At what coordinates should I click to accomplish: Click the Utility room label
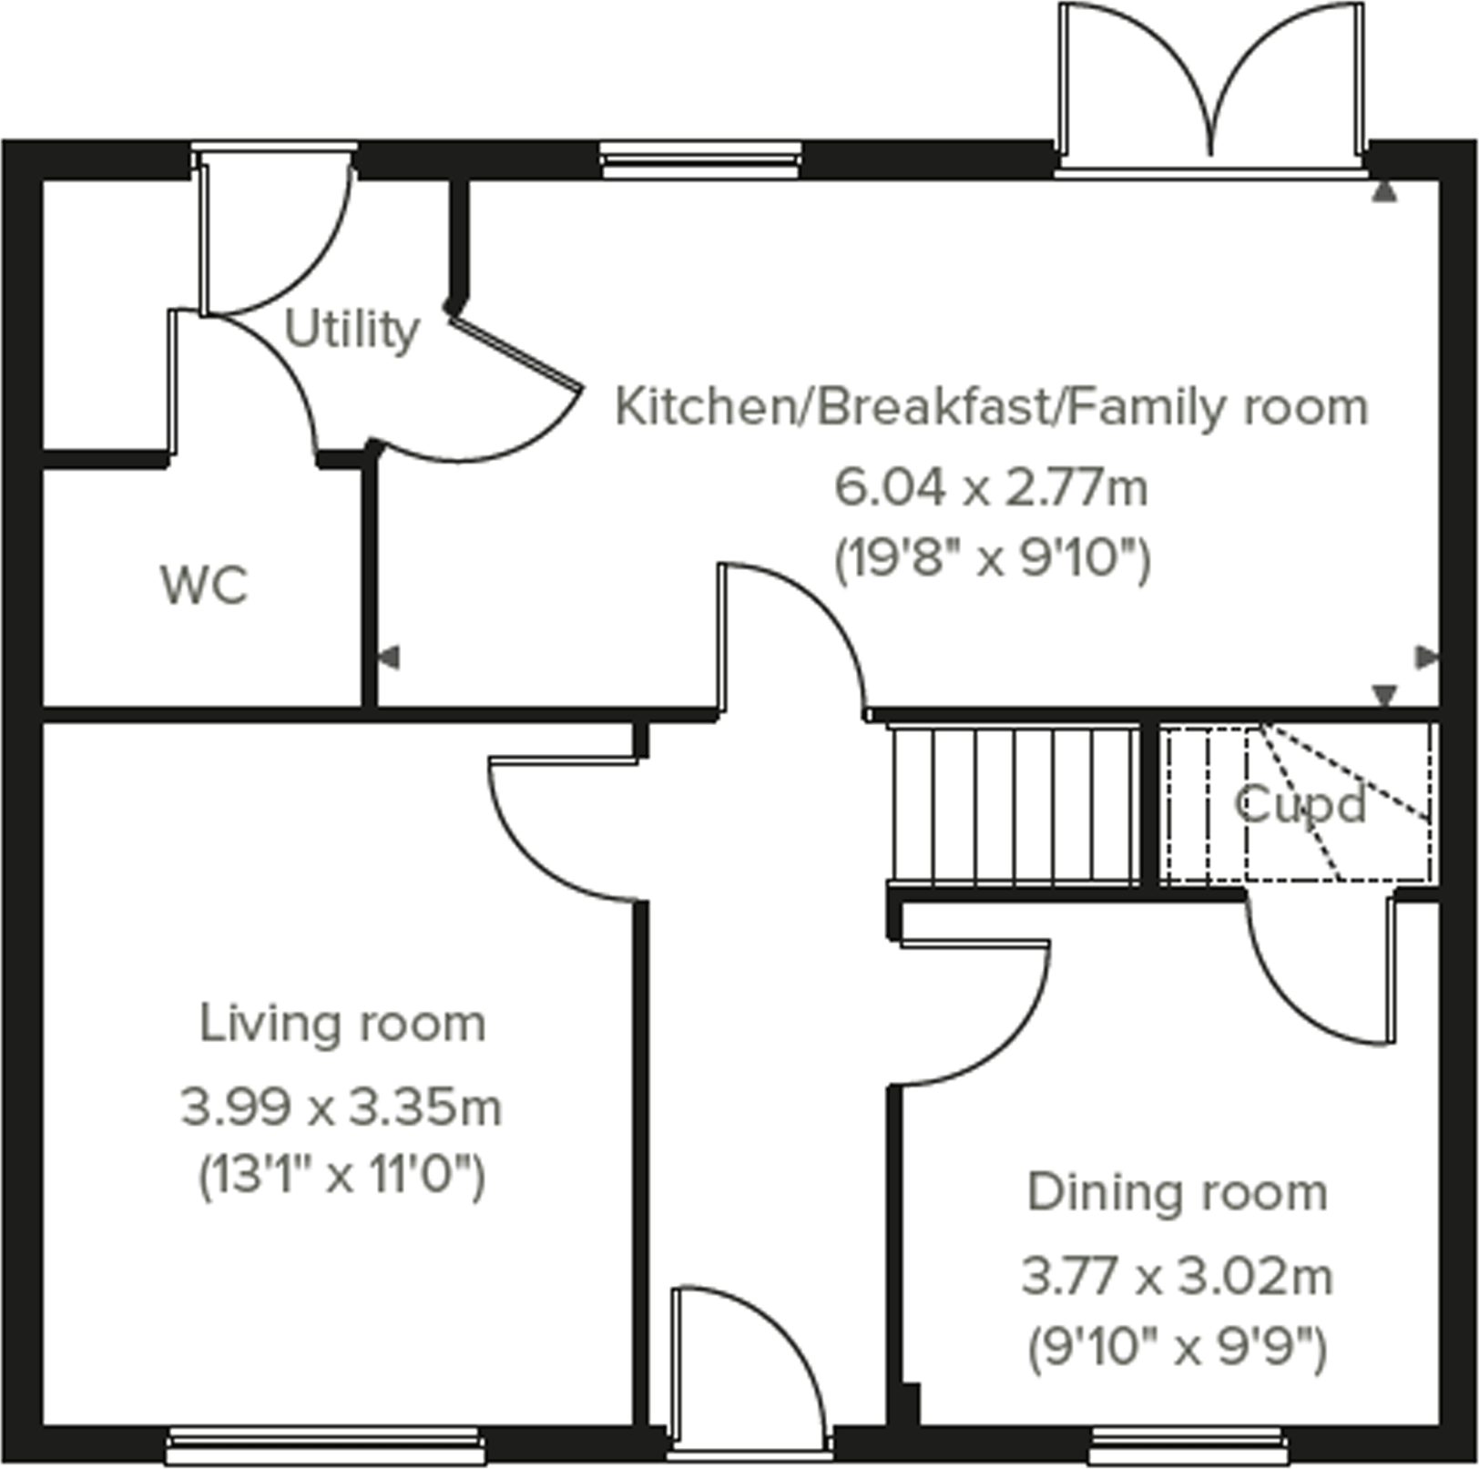[352, 330]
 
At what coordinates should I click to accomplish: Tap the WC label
[204, 585]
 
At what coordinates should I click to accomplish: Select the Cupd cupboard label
[1300, 804]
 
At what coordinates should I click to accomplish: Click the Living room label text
[342, 1024]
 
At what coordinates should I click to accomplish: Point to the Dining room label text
[1177, 1193]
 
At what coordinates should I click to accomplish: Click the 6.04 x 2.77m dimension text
[991, 489]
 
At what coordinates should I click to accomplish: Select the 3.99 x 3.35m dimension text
[342, 1108]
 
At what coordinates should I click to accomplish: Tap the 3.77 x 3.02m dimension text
[1177, 1276]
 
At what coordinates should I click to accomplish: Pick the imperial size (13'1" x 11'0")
[342, 1176]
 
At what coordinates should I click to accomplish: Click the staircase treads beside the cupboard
[1013, 804]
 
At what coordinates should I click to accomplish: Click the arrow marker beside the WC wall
[389, 657]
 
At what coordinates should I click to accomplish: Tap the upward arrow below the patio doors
[1383, 192]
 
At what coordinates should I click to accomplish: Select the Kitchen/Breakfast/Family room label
[991, 407]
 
